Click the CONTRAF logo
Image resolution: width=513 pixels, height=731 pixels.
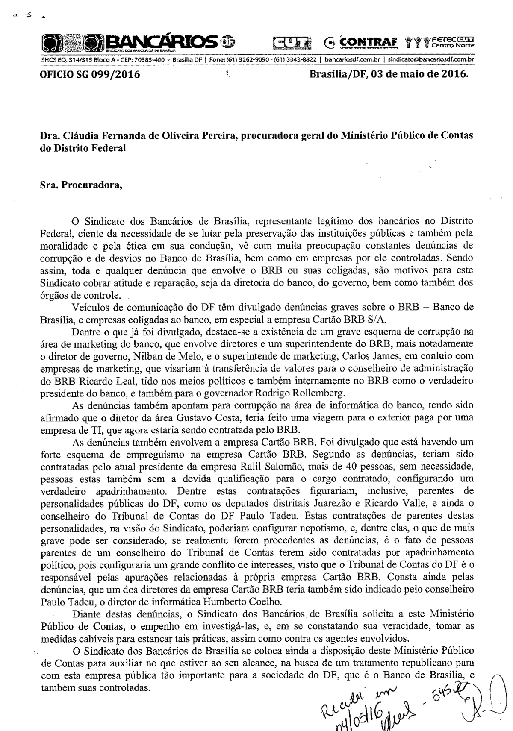pyautogui.click(x=366, y=42)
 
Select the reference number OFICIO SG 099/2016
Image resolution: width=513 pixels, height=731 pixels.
pyautogui.click(x=90, y=75)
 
